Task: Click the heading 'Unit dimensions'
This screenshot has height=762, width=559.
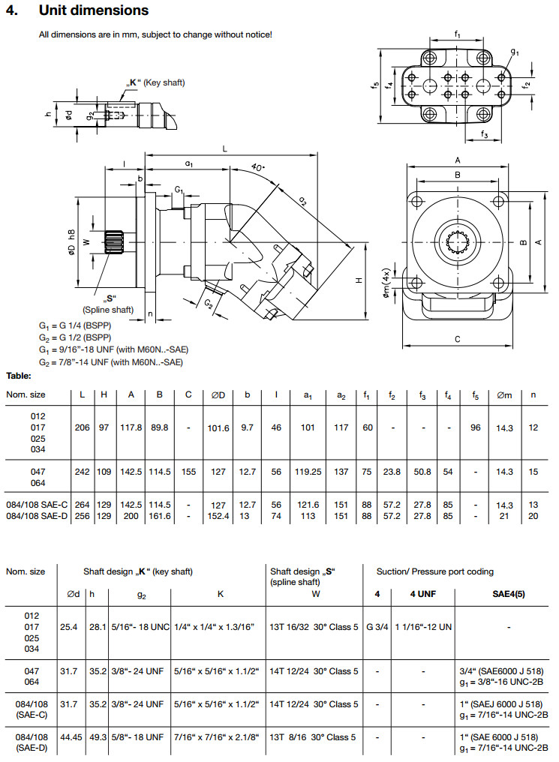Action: point(93,10)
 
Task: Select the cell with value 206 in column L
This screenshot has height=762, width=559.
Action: point(83,427)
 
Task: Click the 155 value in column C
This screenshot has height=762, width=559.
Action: point(188,472)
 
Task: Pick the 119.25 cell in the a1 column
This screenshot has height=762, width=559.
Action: point(308,472)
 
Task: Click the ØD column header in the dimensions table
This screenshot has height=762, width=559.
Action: point(218,394)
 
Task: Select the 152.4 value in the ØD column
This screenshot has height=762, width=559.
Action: point(218,516)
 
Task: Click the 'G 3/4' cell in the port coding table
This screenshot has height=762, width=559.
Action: point(377,626)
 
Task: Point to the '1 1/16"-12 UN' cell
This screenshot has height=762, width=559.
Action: point(423,626)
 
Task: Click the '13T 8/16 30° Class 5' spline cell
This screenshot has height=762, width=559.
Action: point(313,737)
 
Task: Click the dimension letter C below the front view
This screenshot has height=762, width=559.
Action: point(458,339)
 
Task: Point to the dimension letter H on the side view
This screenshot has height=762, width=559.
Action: point(359,279)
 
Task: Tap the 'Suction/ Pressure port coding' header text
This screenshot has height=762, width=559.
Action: point(435,571)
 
